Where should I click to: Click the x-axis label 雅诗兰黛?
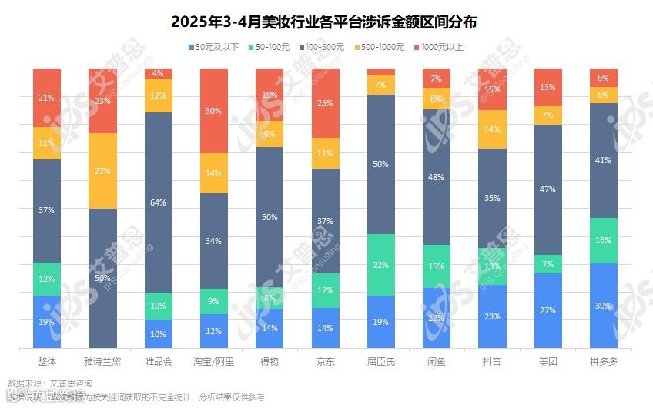tap(102, 360)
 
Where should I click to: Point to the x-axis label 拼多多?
tap(604, 360)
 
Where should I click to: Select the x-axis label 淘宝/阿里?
tap(213, 360)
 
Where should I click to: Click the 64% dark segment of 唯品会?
tap(158, 202)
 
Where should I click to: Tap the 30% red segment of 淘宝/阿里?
tap(213, 110)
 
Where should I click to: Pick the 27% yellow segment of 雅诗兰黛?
tap(102, 171)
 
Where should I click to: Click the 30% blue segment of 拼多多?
tap(604, 306)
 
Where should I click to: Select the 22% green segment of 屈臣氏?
tap(381, 265)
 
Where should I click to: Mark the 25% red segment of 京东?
tap(326, 103)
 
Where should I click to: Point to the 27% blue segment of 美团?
tap(548, 310)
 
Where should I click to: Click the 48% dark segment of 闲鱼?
tap(437, 177)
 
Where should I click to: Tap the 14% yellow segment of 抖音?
tap(492, 129)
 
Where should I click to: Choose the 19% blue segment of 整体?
tap(47, 322)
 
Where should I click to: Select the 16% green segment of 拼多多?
tap(604, 240)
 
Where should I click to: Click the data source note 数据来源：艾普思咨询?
tap(49, 383)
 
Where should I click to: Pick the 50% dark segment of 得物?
tap(270, 217)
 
